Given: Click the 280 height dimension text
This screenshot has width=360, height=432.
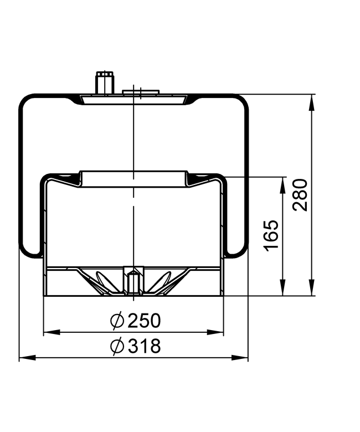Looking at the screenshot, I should pos(300,194).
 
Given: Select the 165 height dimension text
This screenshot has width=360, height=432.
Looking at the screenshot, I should pos(270,235).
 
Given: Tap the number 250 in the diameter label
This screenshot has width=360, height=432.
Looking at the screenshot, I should pos(143,320).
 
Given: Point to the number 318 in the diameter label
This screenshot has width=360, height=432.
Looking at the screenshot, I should pos(143,346).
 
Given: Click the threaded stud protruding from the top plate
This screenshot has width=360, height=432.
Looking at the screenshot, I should pos(104,83).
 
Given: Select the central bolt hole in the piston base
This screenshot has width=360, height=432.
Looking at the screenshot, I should pos(133,280).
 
